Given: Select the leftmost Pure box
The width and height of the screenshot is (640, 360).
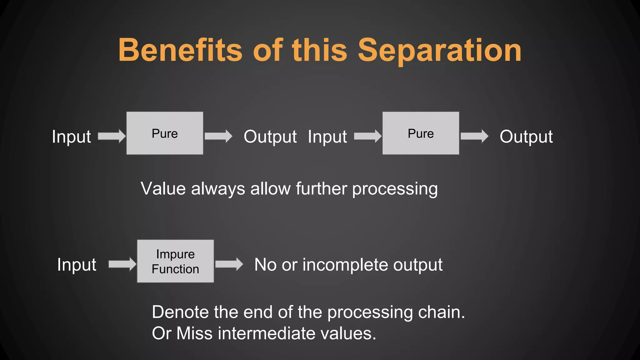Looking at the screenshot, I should pos(165,133).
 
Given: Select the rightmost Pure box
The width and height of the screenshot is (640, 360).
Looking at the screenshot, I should pos(421,133).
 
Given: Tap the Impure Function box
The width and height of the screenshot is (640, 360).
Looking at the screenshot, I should pos(175,261).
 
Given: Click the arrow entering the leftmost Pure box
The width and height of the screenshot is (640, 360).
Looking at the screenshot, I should pos(112,136).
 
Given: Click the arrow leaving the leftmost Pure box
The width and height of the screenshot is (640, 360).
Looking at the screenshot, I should pos(218,136).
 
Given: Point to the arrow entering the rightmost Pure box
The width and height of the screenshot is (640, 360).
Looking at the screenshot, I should pos(367,136).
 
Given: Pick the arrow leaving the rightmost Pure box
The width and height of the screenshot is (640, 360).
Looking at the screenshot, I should pos(474,136).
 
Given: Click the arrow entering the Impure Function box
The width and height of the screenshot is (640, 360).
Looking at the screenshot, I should pos(122,264).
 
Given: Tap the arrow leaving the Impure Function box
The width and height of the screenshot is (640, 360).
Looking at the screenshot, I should pos(229,264).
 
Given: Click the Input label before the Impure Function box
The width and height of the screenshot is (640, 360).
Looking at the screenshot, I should pos(77,265).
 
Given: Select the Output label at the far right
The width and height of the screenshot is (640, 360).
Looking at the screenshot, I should pos(526,137).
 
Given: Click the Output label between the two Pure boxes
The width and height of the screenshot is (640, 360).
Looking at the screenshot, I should pos(270,137).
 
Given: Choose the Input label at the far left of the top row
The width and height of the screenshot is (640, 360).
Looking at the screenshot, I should pos(71,137).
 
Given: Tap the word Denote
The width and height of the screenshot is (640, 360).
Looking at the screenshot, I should pos(180,312).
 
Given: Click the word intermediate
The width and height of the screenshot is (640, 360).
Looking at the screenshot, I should pos(267,333).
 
